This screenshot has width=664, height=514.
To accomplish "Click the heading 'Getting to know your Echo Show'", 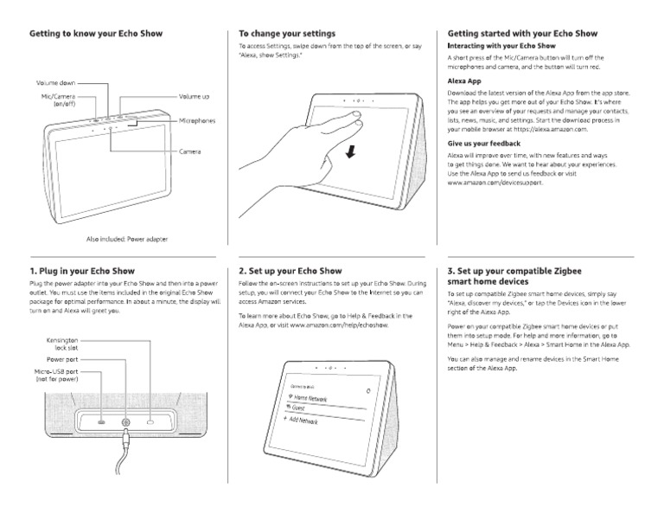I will point(96,34).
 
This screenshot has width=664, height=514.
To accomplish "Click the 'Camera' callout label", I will point(190,152).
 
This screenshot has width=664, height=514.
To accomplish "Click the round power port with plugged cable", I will point(126,423).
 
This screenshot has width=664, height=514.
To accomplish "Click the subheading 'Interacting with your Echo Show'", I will point(501,45).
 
